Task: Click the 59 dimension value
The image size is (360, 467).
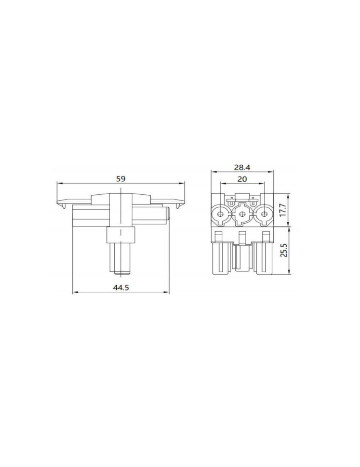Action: [120, 179]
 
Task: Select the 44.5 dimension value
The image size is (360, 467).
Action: [120, 287]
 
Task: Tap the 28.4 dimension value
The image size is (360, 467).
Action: [242, 167]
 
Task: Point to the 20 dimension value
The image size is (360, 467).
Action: [242, 179]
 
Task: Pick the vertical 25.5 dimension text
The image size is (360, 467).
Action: [284, 250]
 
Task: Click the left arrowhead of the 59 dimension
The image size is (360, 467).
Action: [59, 183]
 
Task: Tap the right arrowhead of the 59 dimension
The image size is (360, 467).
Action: [182, 183]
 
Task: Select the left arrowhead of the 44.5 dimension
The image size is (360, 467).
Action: [75, 292]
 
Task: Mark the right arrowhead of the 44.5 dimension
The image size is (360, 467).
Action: [167, 292]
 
